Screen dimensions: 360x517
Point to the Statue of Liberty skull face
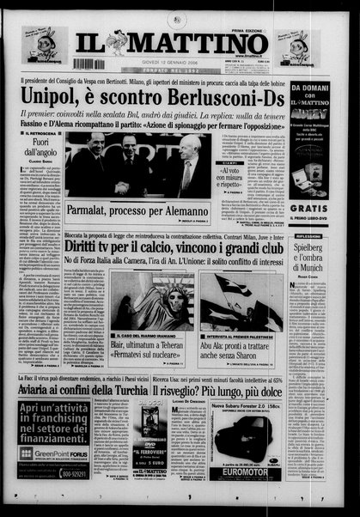pos(154,296)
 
